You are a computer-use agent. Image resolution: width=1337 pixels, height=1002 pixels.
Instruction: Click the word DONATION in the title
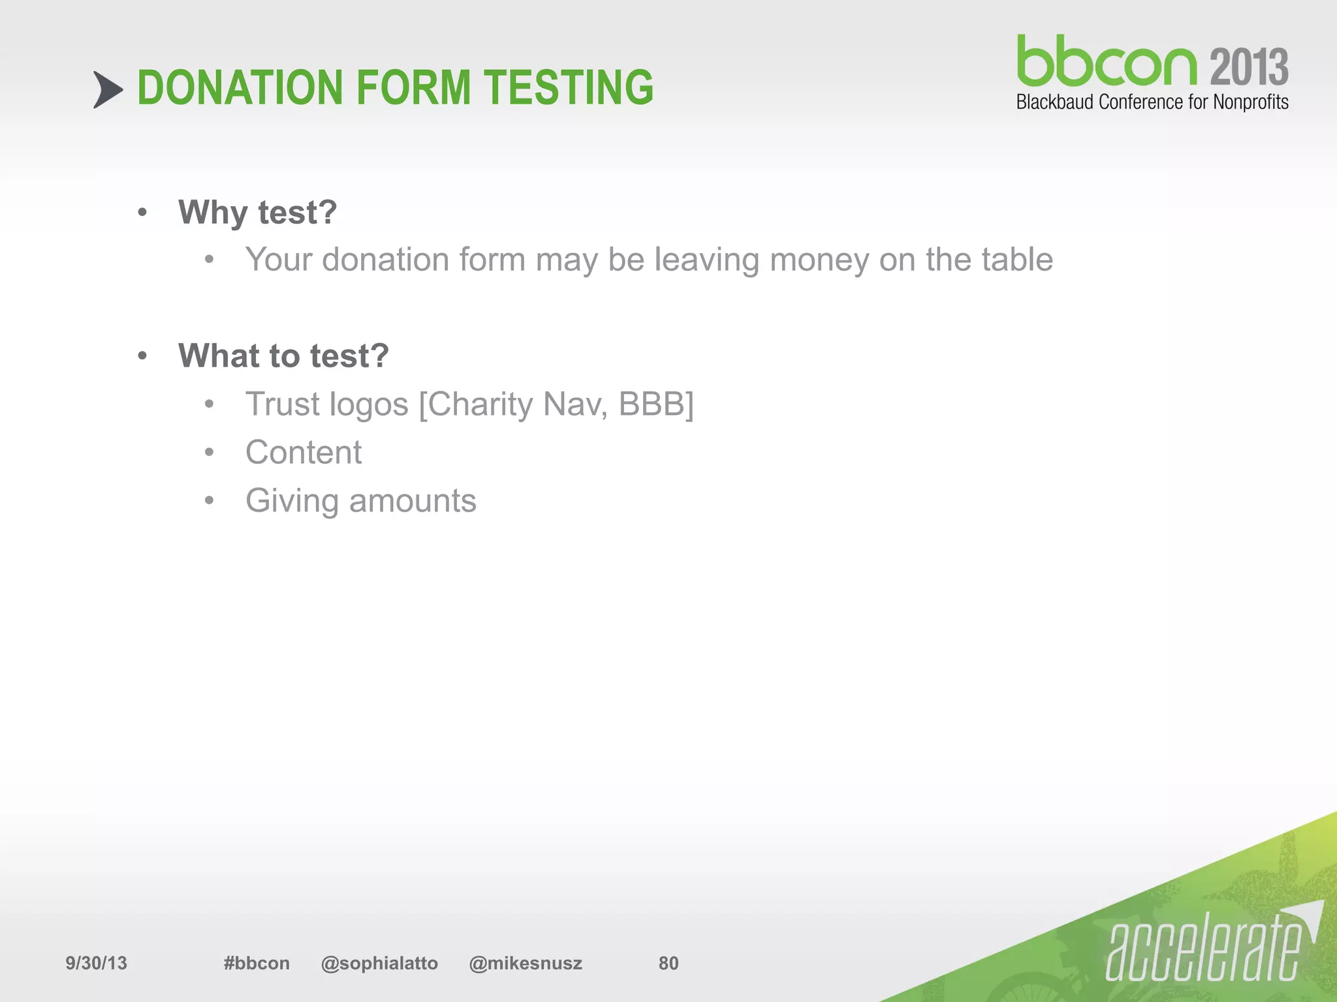240,88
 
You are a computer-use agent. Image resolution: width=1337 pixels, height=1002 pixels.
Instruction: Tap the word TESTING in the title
568,88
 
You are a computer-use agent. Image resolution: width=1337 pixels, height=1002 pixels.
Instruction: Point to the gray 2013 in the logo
1249,67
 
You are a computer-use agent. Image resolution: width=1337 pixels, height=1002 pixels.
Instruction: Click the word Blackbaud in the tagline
1055,102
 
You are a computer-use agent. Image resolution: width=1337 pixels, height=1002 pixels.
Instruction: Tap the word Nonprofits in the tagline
1250,102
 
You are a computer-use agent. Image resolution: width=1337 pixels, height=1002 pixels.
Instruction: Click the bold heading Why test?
258,213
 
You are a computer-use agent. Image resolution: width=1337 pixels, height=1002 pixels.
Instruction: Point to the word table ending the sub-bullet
1016,260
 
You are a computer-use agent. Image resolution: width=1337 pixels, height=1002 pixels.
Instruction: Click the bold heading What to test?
284,356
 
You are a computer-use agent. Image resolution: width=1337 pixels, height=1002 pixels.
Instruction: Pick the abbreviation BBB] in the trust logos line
655,404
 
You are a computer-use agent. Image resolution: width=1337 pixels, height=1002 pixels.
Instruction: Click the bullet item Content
304,453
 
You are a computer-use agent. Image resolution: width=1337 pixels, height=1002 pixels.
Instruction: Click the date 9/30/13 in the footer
96,963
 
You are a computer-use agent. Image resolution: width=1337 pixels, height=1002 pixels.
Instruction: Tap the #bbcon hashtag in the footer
257,963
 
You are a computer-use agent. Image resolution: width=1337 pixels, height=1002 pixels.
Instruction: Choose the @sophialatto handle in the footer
379,963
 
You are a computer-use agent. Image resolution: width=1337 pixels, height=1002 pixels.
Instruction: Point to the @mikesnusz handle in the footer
526,963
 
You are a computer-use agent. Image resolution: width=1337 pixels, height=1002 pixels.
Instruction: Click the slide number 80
668,963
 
